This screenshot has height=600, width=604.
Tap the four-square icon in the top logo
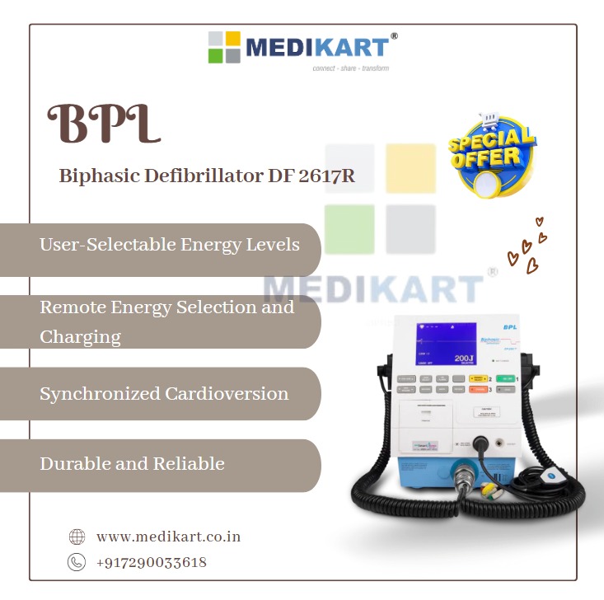[224, 47]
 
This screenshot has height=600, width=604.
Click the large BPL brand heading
[103, 125]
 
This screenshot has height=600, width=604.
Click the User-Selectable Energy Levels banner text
[169, 245]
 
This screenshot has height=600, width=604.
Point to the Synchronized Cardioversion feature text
[164, 393]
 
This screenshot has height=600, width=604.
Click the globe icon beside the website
[77, 537]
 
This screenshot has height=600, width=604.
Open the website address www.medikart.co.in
[168, 537]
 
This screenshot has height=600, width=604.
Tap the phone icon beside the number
[77, 562]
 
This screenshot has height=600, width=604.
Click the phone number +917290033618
[152, 563]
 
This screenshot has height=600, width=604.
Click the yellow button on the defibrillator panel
[478, 378]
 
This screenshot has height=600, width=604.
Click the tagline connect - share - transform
[350, 68]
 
